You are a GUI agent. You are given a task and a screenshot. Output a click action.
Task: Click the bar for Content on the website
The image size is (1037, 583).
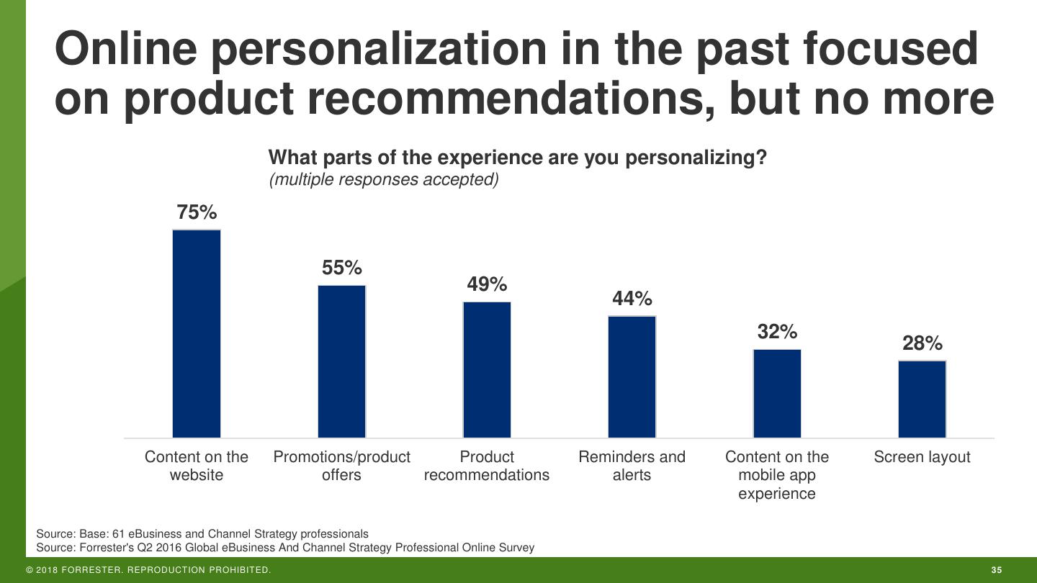[x=197, y=334]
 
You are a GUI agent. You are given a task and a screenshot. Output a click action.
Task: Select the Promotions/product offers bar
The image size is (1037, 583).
[x=342, y=361]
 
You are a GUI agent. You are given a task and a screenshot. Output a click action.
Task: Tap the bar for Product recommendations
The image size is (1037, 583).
[x=487, y=370]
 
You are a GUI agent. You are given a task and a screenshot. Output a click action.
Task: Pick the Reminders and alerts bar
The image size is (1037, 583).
[x=632, y=377]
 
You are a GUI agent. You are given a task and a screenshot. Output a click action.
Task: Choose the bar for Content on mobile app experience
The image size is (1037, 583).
[x=777, y=394]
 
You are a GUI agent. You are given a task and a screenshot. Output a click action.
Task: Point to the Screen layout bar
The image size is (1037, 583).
[x=922, y=399]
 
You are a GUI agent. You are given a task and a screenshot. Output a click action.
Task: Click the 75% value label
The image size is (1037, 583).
[x=197, y=212]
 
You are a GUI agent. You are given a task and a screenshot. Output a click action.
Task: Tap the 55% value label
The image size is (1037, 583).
[x=342, y=268]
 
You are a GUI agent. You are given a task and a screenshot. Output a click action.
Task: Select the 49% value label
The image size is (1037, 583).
[x=487, y=284]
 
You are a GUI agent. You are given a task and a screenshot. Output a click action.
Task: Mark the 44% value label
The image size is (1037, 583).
[x=632, y=299]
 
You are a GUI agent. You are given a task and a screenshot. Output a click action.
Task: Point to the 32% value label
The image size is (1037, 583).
[x=777, y=332]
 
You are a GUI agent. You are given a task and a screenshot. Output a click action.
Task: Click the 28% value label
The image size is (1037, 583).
[x=922, y=343]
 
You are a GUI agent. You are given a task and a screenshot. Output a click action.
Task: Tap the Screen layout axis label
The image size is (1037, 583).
[x=922, y=457]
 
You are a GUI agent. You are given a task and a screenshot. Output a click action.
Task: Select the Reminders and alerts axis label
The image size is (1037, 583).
[x=632, y=466]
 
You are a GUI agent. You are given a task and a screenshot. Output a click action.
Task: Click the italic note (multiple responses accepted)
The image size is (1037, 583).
[x=384, y=179]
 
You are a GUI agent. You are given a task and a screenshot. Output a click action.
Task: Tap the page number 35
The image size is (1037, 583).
[x=997, y=571]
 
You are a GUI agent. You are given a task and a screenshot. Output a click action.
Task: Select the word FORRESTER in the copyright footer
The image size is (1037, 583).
[x=92, y=571]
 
